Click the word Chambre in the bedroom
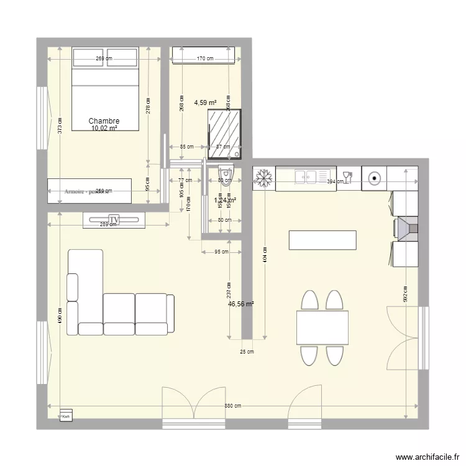(104, 121)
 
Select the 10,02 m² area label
(104, 129)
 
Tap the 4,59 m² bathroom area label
(205, 103)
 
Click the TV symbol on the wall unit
(114, 219)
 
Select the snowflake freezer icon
(263, 178)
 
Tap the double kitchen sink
(306, 177)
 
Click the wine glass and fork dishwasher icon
(349, 177)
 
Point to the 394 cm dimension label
(336, 181)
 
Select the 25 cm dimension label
(247, 352)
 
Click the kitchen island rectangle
(322, 240)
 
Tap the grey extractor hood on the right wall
(407, 228)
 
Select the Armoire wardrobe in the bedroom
(89, 191)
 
